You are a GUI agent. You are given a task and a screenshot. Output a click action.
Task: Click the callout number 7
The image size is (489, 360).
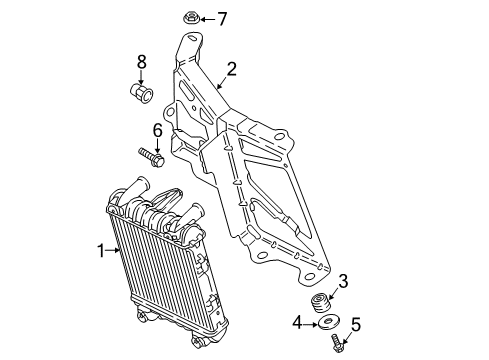[x=222, y=19]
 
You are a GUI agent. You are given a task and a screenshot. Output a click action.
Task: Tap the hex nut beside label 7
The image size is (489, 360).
[x=192, y=17]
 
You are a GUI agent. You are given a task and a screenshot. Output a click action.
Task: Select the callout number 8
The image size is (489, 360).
[x=142, y=62]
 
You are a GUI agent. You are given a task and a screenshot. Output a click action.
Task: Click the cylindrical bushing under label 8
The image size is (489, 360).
[x=141, y=94]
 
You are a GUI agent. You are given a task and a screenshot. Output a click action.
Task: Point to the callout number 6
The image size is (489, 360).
[x=157, y=130]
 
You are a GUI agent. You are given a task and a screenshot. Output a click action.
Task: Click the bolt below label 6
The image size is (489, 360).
[x=152, y=157]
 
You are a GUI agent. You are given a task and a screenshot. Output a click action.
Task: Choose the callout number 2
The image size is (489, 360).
[x=231, y=69]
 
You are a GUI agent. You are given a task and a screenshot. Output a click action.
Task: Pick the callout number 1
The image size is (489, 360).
[x=101, y=251]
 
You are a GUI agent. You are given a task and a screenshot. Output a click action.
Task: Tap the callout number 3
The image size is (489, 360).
[x=343, y=281]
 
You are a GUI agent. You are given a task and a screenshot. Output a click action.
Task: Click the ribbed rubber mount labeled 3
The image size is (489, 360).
[x=321, y=303]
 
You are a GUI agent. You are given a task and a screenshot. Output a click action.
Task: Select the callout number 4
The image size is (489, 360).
[x=297, y=323]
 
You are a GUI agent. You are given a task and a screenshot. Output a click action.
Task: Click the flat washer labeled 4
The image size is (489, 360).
[x=329, y=322]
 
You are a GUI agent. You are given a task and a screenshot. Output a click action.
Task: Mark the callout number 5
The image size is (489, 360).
[x=356, y=325]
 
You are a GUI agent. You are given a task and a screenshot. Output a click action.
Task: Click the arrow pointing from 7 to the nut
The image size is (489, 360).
[x=208, y=19]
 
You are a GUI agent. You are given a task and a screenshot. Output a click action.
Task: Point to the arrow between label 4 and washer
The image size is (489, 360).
[x=310, y=323]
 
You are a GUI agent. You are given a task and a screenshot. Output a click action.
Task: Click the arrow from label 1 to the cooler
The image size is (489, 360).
[x=113, y=250]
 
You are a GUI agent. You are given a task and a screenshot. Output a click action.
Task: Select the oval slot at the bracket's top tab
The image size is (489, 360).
[x=192, y=38]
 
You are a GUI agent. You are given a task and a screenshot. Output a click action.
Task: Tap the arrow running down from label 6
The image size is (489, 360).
[x=157, y=146]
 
